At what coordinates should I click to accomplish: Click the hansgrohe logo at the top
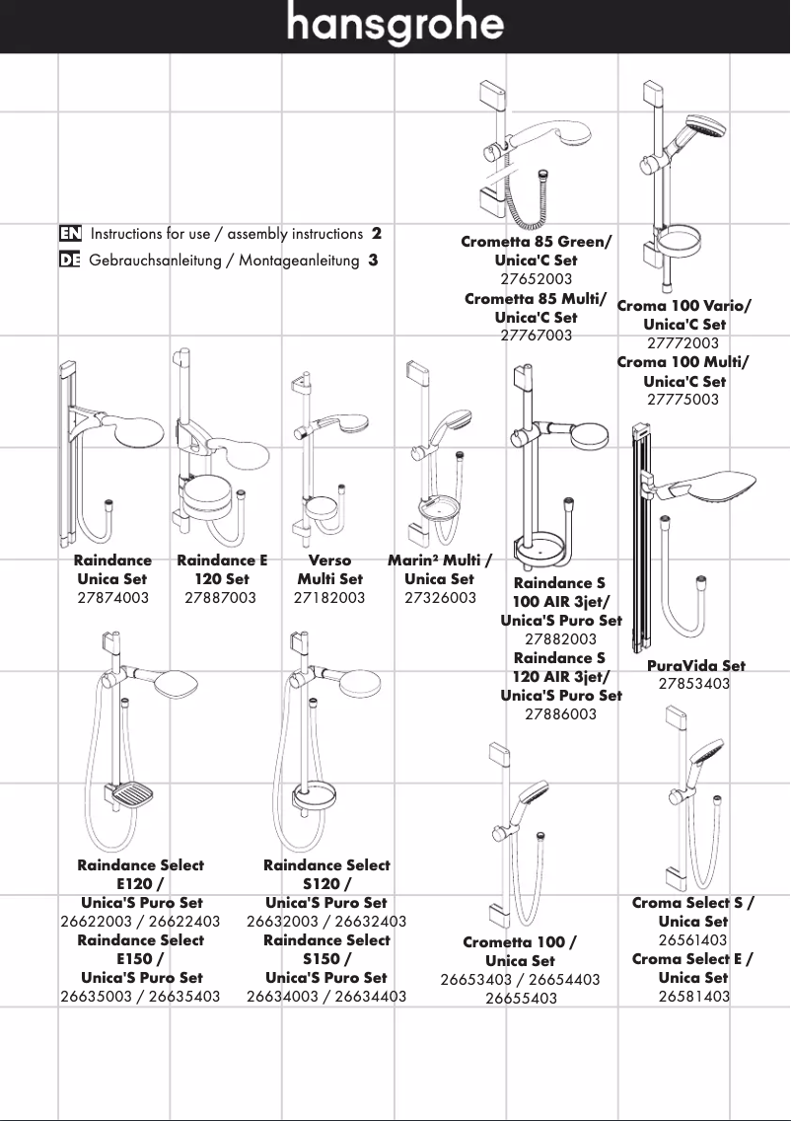click(x=395, y=26)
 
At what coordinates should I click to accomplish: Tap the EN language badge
click(x=69, y=234)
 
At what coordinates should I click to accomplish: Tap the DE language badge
click(x=69, y=261)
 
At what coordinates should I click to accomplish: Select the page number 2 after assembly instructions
click(x=377, y=234)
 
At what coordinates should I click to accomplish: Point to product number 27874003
click(x=112, y=597)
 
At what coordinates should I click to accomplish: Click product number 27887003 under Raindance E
click(x=221, y=597)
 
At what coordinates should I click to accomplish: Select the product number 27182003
click(x=329, y=597)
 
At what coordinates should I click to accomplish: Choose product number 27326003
click(x=440, y=597)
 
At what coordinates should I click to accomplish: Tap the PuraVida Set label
click(x=695, y=665)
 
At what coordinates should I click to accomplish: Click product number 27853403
click(x=694, y=683)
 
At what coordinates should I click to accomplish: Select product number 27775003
click(x=683, y=400)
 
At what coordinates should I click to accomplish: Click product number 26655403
click(x=521, y=998)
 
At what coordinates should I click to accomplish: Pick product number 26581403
click(x=694, y=996)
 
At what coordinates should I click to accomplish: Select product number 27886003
click(x=560, y=713)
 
